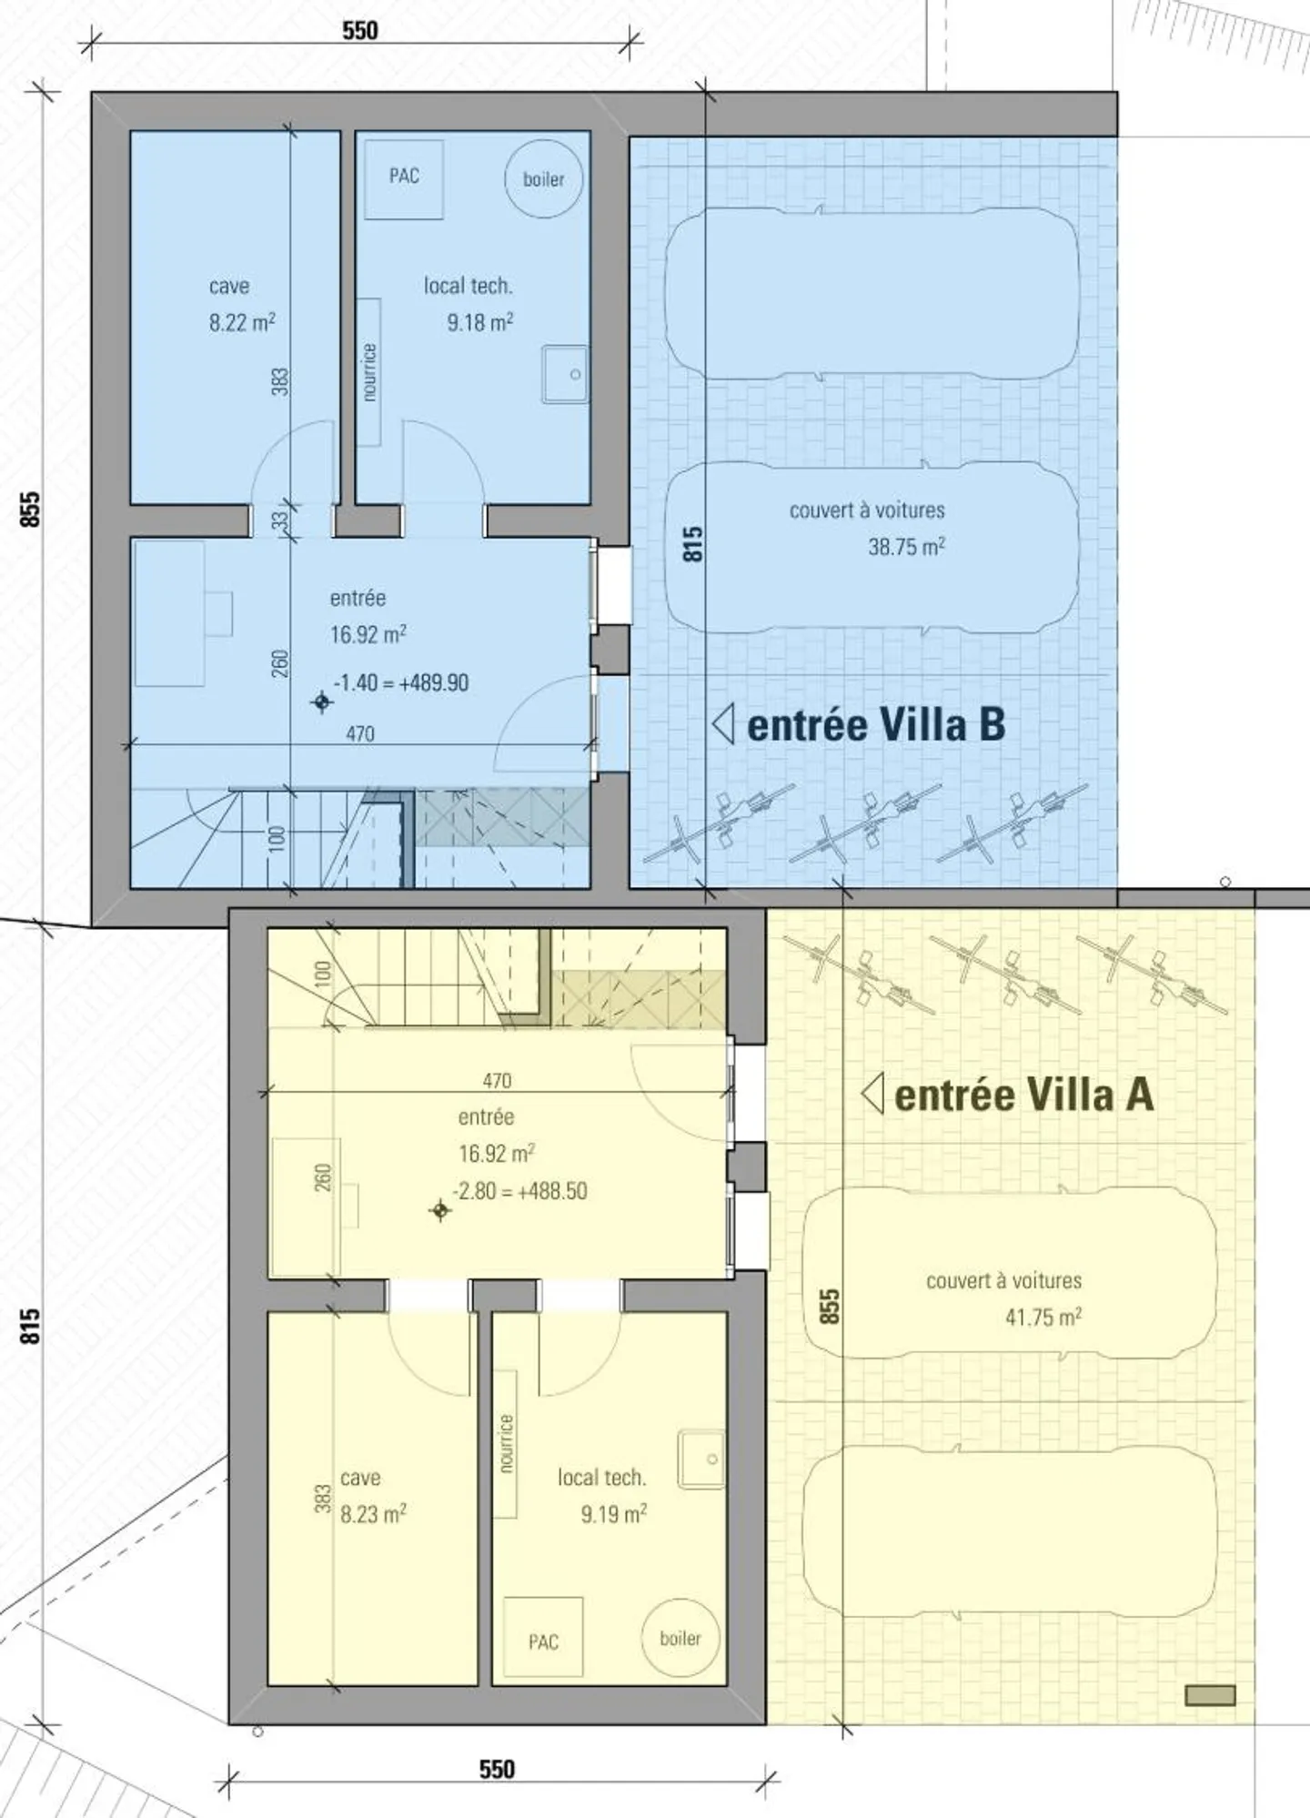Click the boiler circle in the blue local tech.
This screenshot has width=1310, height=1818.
coord(543,179)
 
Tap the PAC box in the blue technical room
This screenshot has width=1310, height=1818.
coord(404,179)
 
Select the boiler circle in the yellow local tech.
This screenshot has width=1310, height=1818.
coord(680,1638)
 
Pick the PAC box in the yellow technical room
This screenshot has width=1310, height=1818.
coord(543,1637)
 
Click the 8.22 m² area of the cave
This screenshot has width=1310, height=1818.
coord(242,322)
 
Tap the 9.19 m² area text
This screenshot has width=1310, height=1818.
coord(614,1513)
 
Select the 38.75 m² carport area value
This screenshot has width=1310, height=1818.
coord(906,547)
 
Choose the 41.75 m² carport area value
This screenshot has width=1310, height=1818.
coord(1043,1317)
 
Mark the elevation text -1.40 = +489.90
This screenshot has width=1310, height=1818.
coord(401,682)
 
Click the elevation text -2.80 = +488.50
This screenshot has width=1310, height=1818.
coord(520,1190)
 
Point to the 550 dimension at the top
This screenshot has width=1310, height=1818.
coord(359,30)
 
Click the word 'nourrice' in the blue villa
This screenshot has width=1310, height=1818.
coord(368,371)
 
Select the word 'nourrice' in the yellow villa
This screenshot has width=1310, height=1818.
coord(506,1443)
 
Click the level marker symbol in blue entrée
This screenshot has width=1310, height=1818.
coord(321,702)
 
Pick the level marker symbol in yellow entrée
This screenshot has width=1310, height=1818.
coord(440,1210)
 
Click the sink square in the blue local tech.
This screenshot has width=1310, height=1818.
coord(565,373)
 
